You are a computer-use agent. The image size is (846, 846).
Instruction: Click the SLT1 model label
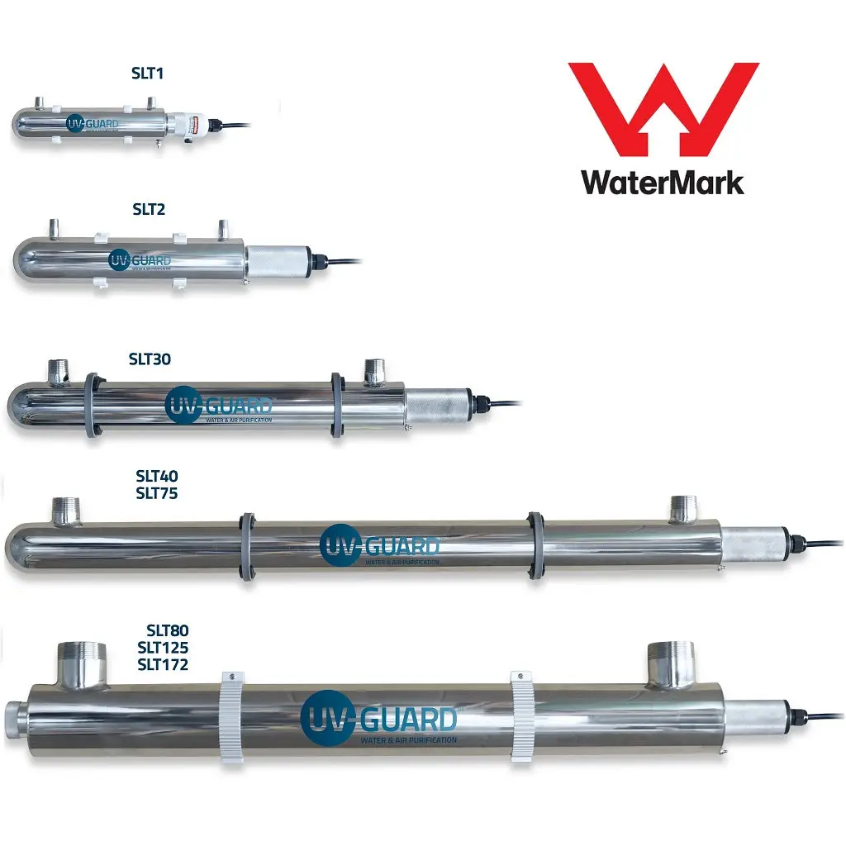148,74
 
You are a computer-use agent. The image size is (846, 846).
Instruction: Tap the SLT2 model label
149,210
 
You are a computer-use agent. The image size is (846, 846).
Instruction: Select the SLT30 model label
150,359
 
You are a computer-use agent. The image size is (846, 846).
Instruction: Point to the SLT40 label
157,477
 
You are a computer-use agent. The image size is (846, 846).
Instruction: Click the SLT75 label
157,493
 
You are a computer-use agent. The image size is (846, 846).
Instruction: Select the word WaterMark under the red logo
663,181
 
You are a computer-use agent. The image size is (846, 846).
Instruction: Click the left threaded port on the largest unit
82,664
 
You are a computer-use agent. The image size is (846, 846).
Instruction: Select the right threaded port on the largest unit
672,664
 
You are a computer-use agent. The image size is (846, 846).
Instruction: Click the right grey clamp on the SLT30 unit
337,404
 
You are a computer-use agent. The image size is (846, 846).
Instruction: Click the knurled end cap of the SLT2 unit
278,263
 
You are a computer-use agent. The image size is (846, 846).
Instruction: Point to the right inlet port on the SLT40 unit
683,509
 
